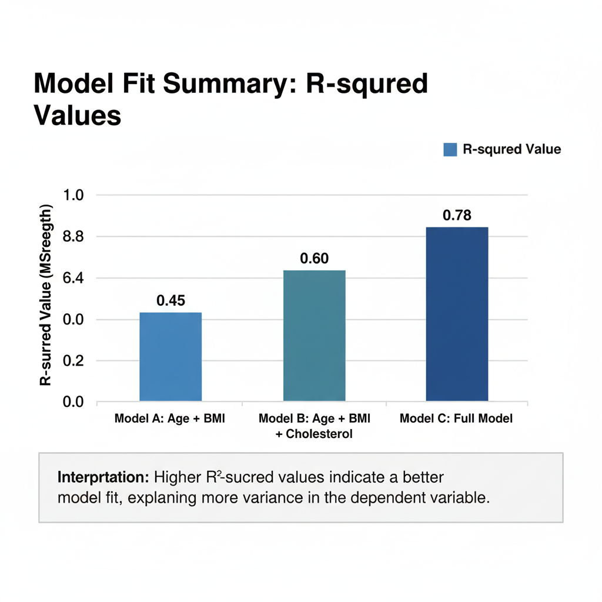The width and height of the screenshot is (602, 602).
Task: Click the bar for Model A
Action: coord(170,357)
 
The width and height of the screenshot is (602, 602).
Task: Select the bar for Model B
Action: coord(315,336)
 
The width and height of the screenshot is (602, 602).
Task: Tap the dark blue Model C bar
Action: coord(457,314)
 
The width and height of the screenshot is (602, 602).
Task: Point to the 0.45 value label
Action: coord(171,301)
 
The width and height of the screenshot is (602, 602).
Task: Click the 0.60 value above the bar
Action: coord(315,259)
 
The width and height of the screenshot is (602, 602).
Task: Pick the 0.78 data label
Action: coord(457,216)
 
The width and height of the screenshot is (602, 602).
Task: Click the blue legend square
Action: coord(450,149)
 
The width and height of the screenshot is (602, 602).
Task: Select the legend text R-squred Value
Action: coord(511,149)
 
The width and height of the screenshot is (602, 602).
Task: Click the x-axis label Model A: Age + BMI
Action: coord(170,419)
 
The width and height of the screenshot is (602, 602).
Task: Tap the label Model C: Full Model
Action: coord(456,419)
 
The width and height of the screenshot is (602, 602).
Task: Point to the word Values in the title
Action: coord(78,115)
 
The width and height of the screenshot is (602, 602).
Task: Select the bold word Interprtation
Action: coord(103,477)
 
